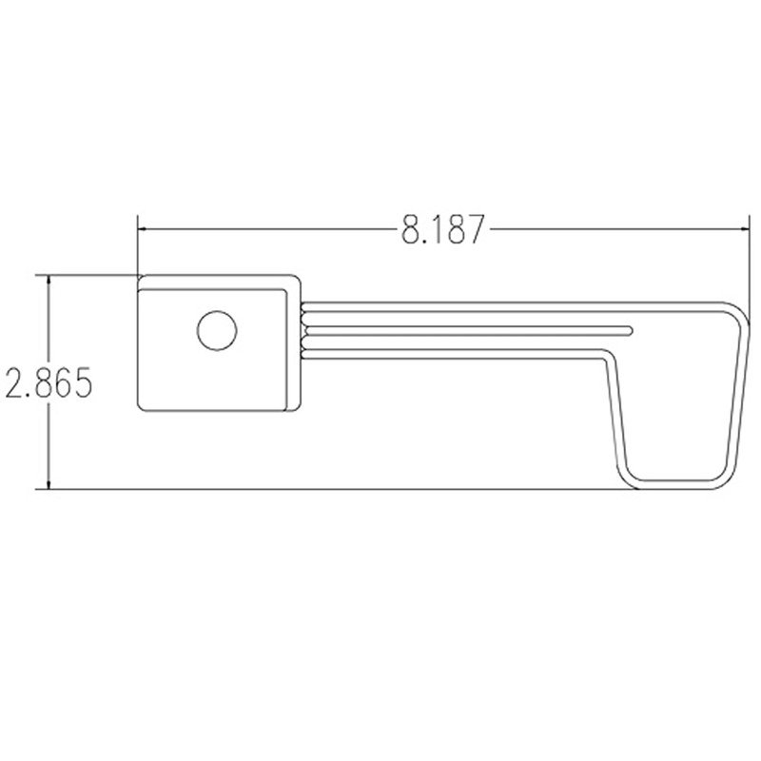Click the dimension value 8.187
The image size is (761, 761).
click(442, 229)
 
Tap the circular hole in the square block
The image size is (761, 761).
click(216, 331)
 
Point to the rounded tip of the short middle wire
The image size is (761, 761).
click(629, 329)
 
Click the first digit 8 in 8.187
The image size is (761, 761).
click(411, 229)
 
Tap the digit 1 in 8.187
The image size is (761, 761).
click(437, 229)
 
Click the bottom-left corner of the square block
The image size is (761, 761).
click(142, 408)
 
